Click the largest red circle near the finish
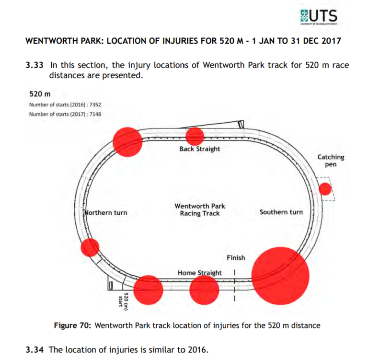point(280,276)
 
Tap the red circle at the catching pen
point(325,189)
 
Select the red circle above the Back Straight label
point(195,136)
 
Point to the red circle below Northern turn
point(90,247)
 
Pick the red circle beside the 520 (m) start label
point(148,290)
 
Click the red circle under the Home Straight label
point(204,290)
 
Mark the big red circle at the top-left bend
point(127,141)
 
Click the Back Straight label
point(200,149)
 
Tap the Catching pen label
point(331,161)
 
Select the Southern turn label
point(281,212)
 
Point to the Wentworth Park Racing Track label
point(199,210)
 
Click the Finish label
point(236,258)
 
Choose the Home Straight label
point(200,273)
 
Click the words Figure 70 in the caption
point(72,325)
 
